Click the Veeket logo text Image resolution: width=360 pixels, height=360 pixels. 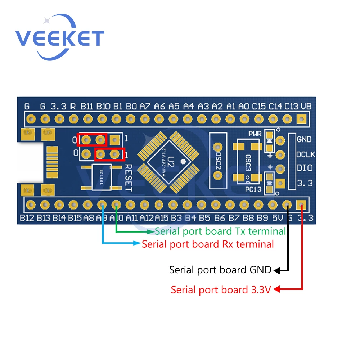59,38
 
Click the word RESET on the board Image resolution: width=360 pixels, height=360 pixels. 129,178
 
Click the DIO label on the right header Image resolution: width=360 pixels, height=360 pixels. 304,168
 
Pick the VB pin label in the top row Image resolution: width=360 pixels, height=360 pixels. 306,106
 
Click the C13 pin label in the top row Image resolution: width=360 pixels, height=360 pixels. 292,106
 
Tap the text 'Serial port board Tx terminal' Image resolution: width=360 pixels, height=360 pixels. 220,231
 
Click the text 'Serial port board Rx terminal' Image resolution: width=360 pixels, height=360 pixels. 208,244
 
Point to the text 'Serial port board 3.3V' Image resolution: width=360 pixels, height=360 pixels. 220,289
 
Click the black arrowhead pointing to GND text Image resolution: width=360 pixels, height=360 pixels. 276,270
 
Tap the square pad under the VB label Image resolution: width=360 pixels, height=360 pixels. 301,118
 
